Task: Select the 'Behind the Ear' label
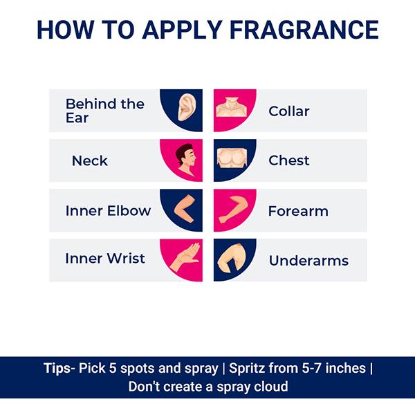coord(104,110)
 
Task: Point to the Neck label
coord(90,160)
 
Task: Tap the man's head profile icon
coord(185,160)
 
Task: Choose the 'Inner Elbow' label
coord(108,210)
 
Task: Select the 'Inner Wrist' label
coord(105,259)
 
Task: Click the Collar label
coord(288,111)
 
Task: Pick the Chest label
coord(288,160)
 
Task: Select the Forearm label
coord(298,210)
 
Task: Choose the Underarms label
coord(308,261)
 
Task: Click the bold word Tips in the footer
coord(55,368)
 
